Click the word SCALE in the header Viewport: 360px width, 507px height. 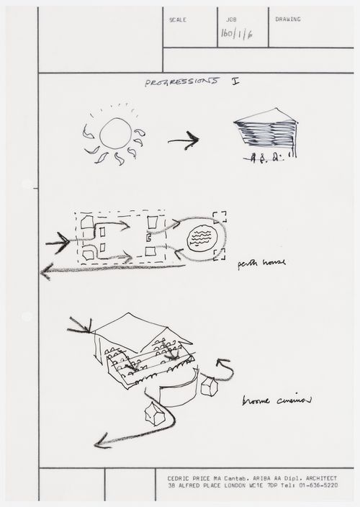(x=177, y=19)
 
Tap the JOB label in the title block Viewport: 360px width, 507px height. (x=230, y=19)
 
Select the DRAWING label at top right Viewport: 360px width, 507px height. (x=288, y=19)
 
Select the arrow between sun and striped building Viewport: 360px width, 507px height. (x=184, y=141)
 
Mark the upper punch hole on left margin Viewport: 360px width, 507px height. (x=27, y=184)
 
